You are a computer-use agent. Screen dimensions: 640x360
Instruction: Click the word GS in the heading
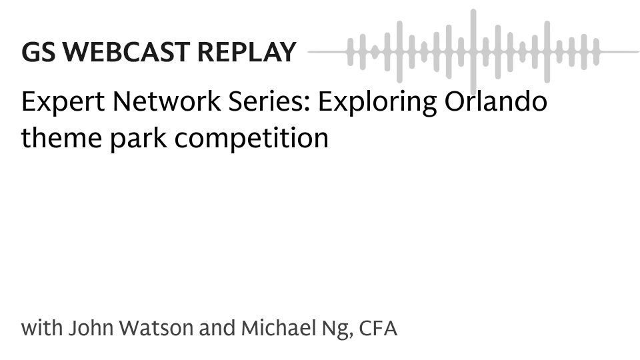pyautogui.click(x=38, y=52)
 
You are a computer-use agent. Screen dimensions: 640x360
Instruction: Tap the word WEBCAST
pyautogui.click(x=126, y=52)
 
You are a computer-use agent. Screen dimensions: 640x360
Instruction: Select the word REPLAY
pyautogui.click(x=247, y=52)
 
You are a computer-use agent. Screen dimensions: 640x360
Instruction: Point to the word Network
pyautogui.click(x=167, y=101)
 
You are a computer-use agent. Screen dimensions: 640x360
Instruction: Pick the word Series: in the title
pyautogui.click(x=269, y=101)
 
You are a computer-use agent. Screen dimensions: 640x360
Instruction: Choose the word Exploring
pyautogui.click(x=377, y=102)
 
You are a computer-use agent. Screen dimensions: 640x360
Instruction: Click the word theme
pyautogui.click(x=61, y=138)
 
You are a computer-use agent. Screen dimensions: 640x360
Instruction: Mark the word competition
pyautogui.click(x=251, y=139)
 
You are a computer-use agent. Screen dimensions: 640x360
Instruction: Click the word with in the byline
pyautogui.click(x=42, y=328)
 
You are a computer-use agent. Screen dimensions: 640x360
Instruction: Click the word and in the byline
pyautogui.click(x=217, y=328)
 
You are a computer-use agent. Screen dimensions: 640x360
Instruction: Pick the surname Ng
pyautogui.click(x=337, y=330)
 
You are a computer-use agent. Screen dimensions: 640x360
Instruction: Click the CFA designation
pyautogui.click(x=378, y=328)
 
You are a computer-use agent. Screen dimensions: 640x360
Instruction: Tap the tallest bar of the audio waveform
pyautogui.click(x=473, y=52)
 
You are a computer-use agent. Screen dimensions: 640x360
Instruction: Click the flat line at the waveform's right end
pyautogui.click(x=619, y=52)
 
